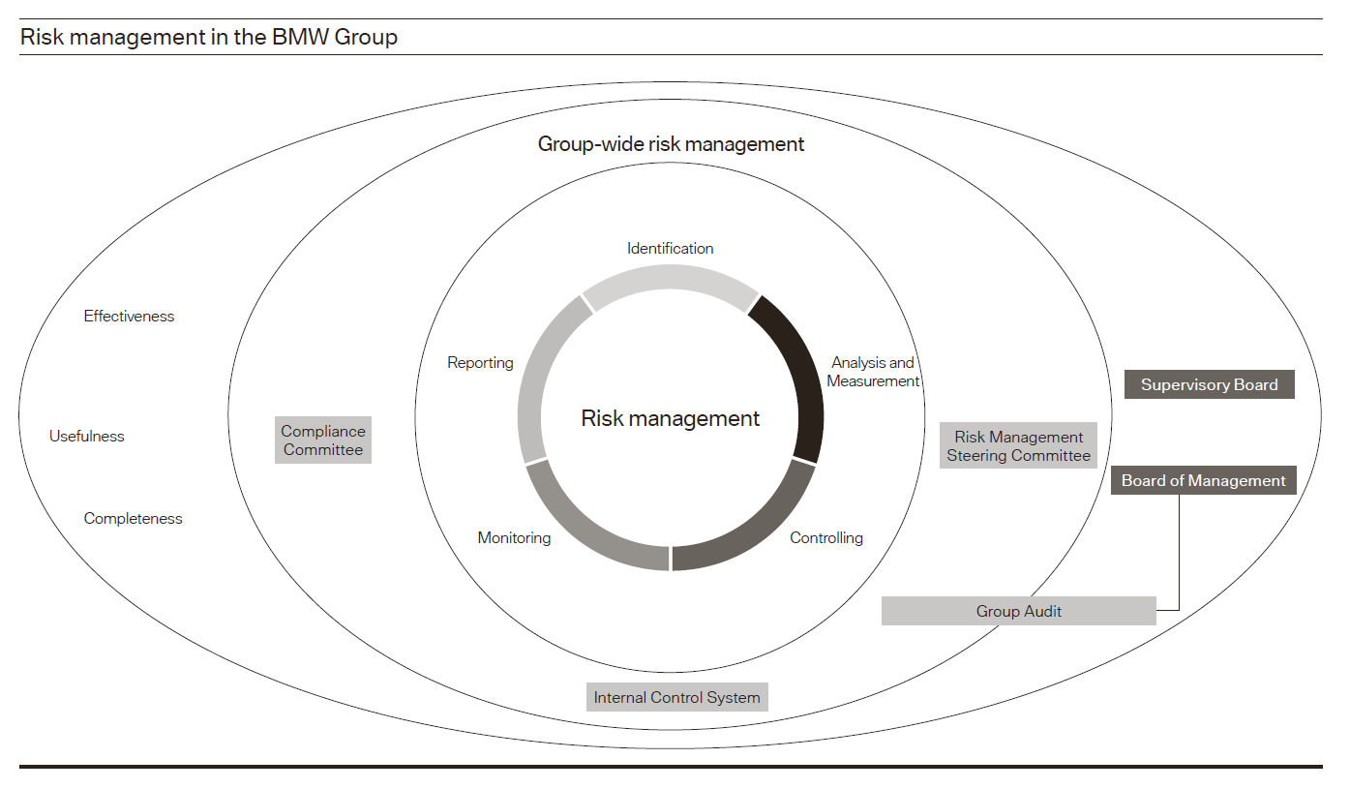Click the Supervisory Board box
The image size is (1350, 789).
pyautogui.click(x=1209, y=384)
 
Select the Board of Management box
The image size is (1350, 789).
pyautogui.click(x=1203, y=480)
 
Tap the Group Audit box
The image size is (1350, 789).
pyautogui.click(x=1018, y=611)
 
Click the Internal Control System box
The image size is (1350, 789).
pyautogui.click(x=676, y=697)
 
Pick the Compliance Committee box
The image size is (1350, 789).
pyautogui.click(x=323, y=440)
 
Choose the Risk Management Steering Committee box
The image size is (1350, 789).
pyautogui.click(x=1018, y=446)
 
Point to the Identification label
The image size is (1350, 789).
pyautogui.click(x=670, y=249)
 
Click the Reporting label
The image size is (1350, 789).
pyautogui.click(x=480, y=363)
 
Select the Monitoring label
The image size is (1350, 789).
pyautogui.click(x=514, y=537)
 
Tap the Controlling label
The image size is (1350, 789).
pyautogui.click(x=826, y=537)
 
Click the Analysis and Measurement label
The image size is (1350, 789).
pyautogui.click(x=873, y=372)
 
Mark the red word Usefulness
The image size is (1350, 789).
pyautogui.click(x=87, y=437)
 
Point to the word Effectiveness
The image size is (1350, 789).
pyautogui.click(x=129, y=317)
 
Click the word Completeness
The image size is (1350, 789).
pyautogui.click(x=133, y=519)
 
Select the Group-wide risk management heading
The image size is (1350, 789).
pyautogui.click(x=671, y=144)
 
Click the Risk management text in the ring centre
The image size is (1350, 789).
pyautogui.click(x=670, y=418)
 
